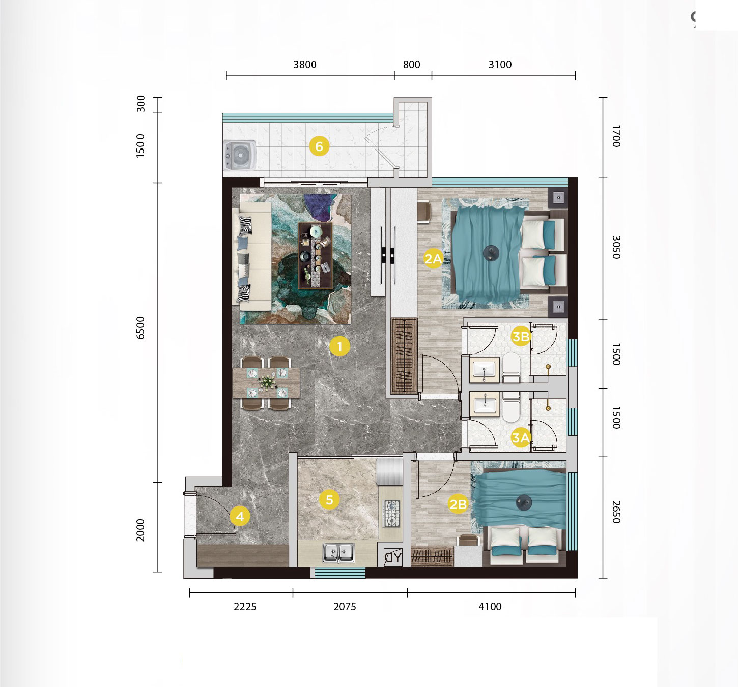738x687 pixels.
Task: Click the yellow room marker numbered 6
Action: click(x=319, y=146)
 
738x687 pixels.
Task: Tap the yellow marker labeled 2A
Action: click(x=433, y=258)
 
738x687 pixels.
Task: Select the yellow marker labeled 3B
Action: click(x=521, y=337)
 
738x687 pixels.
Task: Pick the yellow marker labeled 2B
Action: click(x=458, y=504)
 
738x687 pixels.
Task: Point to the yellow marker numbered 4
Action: click(x=240, y=516)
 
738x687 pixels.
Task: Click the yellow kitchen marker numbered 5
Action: click(x=330, y=499)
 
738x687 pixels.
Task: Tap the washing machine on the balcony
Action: click(x=240, y=155)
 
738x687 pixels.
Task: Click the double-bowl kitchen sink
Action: click(x=338, y=553)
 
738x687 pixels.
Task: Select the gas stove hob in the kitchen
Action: click(x=392, y=514)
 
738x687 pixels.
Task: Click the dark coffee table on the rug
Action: click(x=315, y=256)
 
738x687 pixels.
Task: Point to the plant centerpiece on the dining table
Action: click(x=267, y=382)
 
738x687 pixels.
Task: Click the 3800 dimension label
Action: click(x=305, y=65)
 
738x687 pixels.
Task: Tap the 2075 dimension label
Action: click(x=345, y=607)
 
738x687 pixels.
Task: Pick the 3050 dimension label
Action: click(x=616, y=247)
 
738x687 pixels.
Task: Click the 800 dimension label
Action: click(x=411, y=65)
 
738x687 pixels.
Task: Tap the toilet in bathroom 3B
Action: click(x=512, y=367)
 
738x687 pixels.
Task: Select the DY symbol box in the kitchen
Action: click(x=393, y=557)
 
